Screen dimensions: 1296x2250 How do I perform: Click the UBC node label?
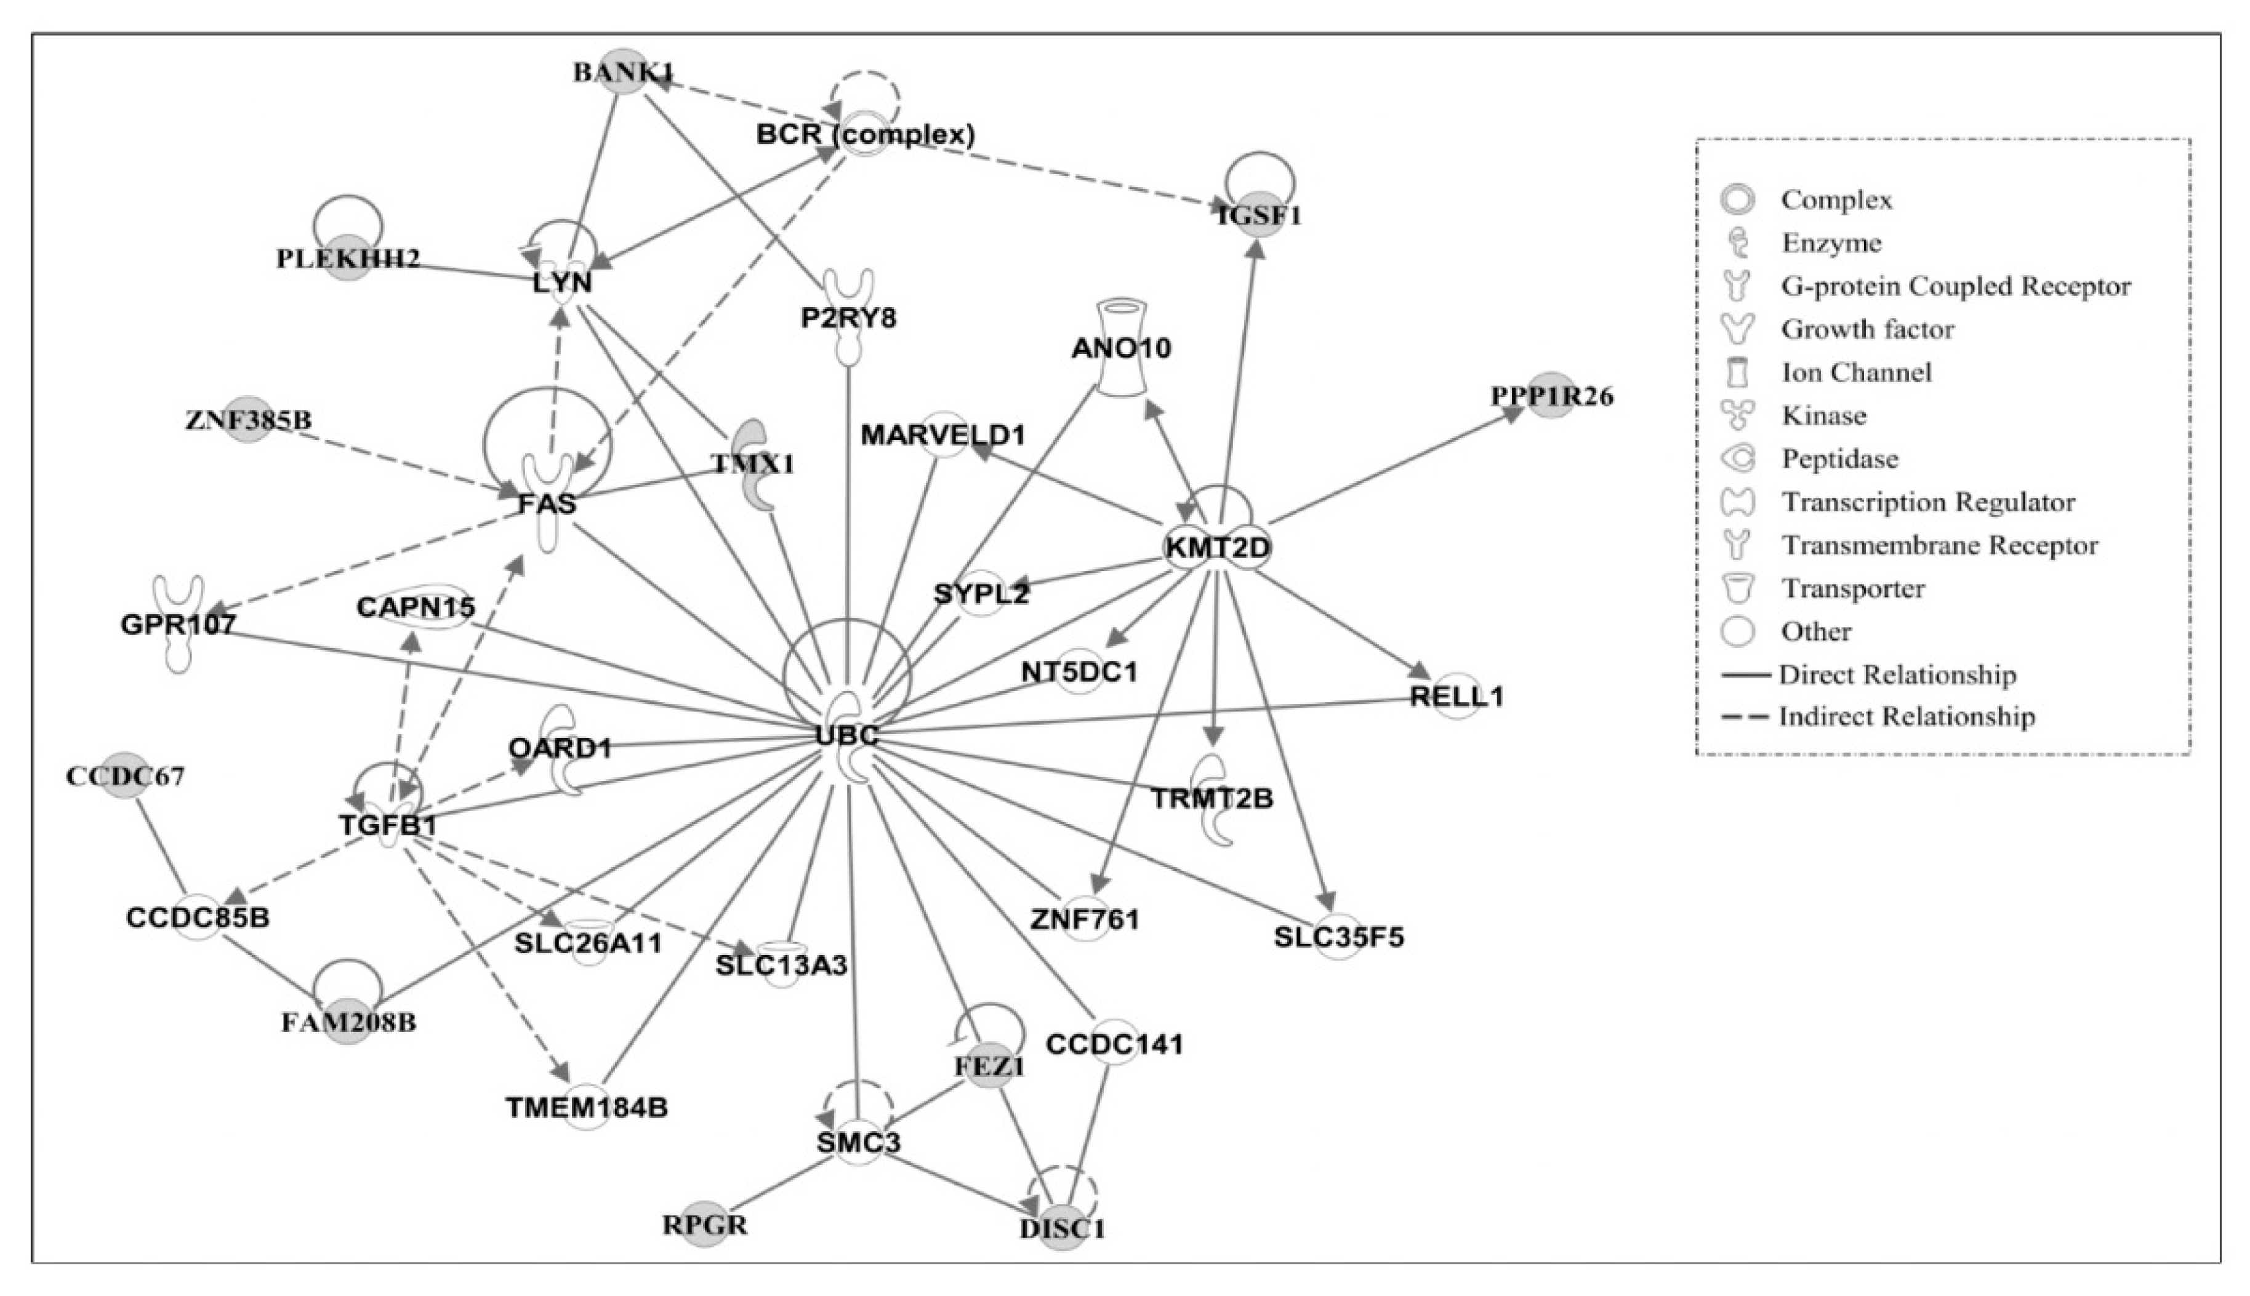(847, 735)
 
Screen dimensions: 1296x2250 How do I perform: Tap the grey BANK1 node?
(623, 71)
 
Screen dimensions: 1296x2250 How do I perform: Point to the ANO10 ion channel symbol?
(1121, 347)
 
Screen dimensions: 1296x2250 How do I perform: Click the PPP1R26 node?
(1552, 396)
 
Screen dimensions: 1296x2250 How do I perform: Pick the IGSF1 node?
(1259, 215)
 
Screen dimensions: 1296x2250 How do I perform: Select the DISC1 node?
(1063, 1228)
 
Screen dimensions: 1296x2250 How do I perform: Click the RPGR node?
(704, 1225)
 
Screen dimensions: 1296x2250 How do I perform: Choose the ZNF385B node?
(249, 419)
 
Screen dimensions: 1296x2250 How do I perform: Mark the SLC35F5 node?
(1338, 937)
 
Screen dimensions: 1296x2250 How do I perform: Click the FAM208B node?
(348, 1022)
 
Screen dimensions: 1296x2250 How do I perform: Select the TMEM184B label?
(587, 1107)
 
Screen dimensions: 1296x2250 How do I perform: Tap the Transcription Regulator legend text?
(1927, 502)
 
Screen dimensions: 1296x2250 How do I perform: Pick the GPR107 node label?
(178, 624)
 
